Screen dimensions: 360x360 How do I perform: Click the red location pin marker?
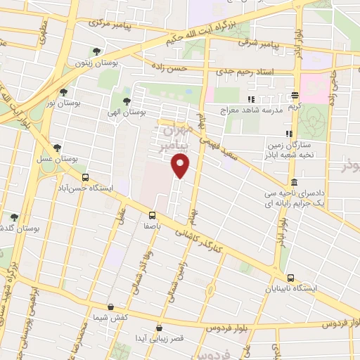click(181, 166)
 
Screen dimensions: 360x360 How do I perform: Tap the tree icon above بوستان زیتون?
click(96, 51)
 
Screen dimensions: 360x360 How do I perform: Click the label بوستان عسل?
click(56, 159)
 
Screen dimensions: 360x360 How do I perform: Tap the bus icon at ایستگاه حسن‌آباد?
click(86, 178)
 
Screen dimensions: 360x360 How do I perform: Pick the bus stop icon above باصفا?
click(152, 215)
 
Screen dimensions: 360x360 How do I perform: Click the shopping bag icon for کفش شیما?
click(112, 306)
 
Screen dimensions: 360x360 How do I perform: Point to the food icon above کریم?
click(295, 96)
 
